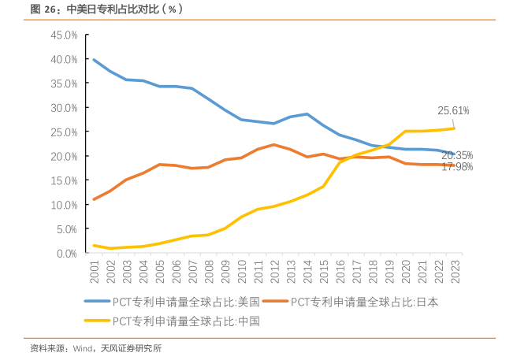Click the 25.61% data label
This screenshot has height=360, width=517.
pos(454,110)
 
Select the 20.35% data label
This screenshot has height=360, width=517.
pos(457,155)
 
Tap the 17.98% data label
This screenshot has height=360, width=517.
pos(457,167)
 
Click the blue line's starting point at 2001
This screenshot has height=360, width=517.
pos(95,60)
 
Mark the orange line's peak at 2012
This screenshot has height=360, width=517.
pos(273,145)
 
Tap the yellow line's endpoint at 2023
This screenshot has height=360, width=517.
pos(454,128)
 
